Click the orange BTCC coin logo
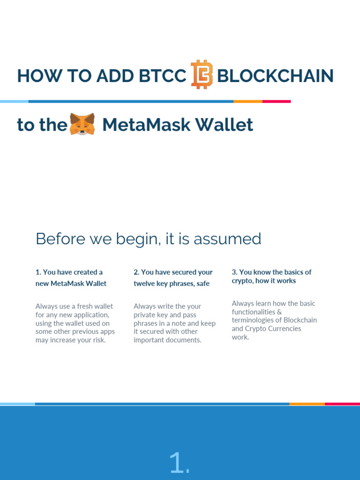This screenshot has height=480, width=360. point(202,75)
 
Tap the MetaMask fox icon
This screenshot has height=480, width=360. point(82,124)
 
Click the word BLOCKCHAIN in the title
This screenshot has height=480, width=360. point(276,75)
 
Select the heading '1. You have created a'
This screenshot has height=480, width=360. point(69,272)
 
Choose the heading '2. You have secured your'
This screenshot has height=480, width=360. point(173,272)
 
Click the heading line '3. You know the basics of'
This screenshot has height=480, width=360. point(271,272)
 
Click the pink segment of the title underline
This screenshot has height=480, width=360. point(276,101)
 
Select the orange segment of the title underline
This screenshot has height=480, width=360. point(247,101)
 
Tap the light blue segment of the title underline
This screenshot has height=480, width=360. point(14,101)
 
